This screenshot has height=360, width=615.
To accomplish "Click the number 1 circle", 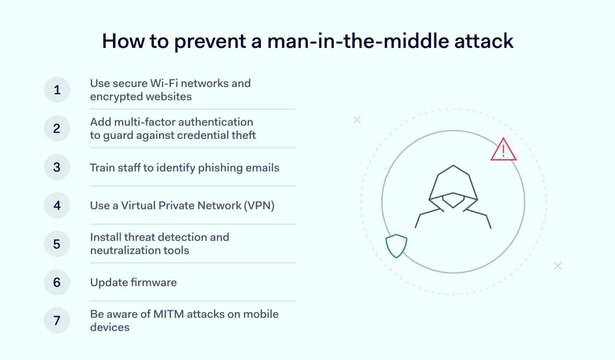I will [57, 90].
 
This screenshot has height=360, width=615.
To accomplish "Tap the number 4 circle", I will [57, 205].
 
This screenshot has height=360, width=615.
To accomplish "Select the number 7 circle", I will [57, 321].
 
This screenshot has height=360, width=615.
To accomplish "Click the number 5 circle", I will [57, 244].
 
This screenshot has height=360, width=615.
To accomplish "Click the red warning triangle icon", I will [503, 150].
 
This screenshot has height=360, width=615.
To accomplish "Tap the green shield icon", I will [396, 245].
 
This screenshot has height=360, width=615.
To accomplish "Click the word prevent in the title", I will [214, 41].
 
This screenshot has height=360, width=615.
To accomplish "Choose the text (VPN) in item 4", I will [259, 206].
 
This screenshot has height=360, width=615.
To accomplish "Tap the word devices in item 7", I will [110, 327].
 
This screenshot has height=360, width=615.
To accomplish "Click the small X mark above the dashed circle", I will [357, 120].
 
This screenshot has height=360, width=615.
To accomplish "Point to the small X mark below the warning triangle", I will [557, 266].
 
